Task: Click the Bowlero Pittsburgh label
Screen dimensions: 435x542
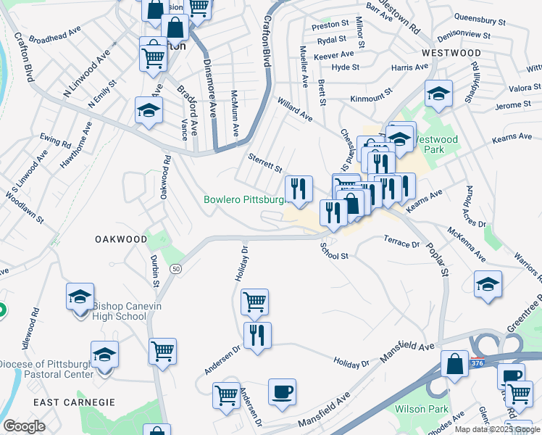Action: pyautogui.click(x=243, y=199)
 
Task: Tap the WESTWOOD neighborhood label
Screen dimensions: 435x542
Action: pyautogui.click(x=451, y=54)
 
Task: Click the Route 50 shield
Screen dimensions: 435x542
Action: pyautogui.click(x=176, y=269)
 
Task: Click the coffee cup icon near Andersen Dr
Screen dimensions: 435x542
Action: pyautogui.click(x=282, y=392)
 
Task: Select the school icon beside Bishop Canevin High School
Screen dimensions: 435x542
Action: pyautogui.click(x=80, y=297)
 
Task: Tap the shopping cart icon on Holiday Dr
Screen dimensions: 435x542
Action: pyautogui.click(x=254, y=302)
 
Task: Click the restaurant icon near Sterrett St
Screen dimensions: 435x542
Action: pyautogui.click(x=299, y=189)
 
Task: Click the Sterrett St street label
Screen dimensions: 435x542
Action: pyautogui.click(x=264, y=163)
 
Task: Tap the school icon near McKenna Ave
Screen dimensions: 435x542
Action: pyautogui.click(x=488, y=284)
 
